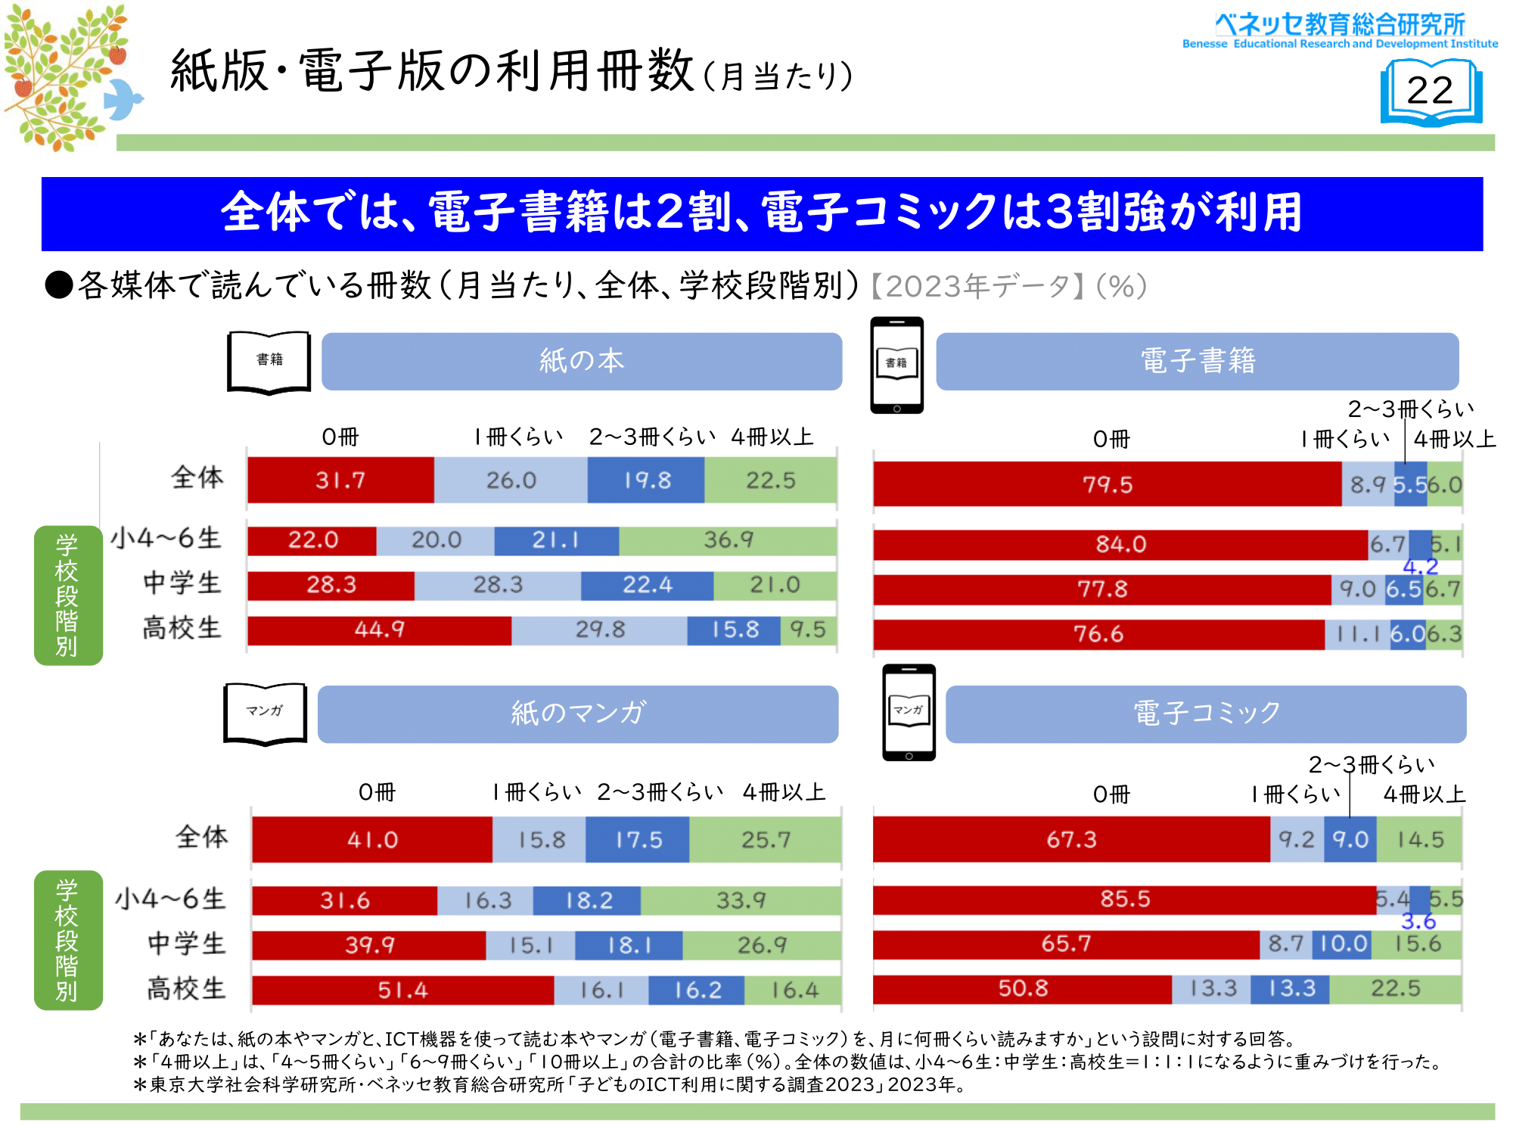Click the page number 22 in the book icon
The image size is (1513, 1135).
1430,91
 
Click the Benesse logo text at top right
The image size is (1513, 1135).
1340,30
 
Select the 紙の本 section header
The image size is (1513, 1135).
582,361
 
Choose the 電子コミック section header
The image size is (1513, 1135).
1206,714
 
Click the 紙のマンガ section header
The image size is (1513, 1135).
578,714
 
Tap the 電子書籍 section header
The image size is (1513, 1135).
1198,361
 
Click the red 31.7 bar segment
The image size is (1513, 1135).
340,480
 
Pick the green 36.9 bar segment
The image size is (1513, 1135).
728,540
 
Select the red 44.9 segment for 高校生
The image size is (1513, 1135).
379,630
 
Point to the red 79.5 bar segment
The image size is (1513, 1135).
1107,484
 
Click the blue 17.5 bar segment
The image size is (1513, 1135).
638,840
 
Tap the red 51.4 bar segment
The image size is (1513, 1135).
402,990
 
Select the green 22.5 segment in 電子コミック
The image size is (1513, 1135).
1395,988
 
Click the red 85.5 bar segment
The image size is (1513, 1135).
1124,899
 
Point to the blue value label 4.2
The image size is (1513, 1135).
1420,567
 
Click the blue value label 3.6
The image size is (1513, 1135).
1418,921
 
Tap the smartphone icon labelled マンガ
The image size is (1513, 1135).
909,712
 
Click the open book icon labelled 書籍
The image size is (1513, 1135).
269,362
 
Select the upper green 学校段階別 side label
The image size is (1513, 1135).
67,595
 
